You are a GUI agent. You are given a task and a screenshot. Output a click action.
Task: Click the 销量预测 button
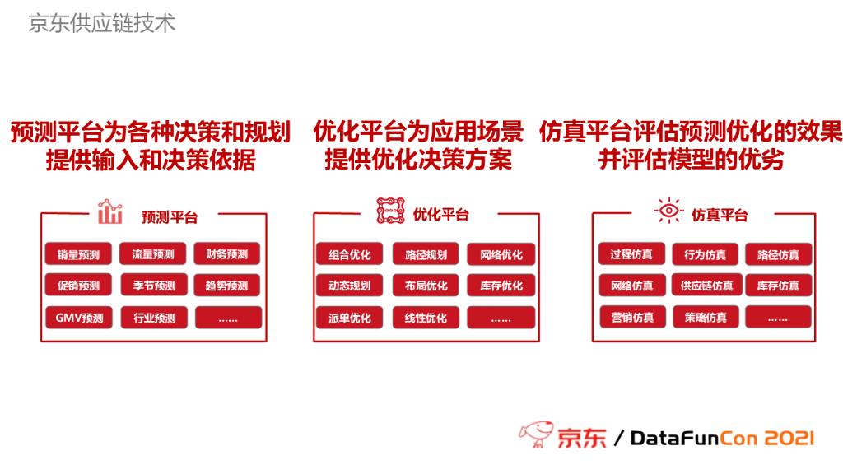pos(78,254)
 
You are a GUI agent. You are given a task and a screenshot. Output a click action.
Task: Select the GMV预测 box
pos(78,318)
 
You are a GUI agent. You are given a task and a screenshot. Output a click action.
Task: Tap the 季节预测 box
pos(154,286)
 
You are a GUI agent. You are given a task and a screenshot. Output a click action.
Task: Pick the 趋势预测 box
pos(227,286)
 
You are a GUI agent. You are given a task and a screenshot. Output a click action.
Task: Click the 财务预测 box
pos(227,254)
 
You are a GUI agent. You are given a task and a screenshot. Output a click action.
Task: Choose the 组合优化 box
pos(349,254)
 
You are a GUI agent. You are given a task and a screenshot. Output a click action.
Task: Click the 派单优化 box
pos(349,318)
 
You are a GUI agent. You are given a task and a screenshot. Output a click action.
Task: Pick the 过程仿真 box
pos(631,254)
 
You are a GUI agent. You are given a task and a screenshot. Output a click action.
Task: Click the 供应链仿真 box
pos(706,286)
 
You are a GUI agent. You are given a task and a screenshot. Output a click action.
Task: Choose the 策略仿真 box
pos(706,317)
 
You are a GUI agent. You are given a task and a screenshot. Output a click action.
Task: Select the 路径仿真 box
pos(778,254)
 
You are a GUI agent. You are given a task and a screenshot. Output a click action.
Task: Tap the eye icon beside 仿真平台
pos(668,211)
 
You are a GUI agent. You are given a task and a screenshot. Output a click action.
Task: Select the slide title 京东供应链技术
pos(102,23)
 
